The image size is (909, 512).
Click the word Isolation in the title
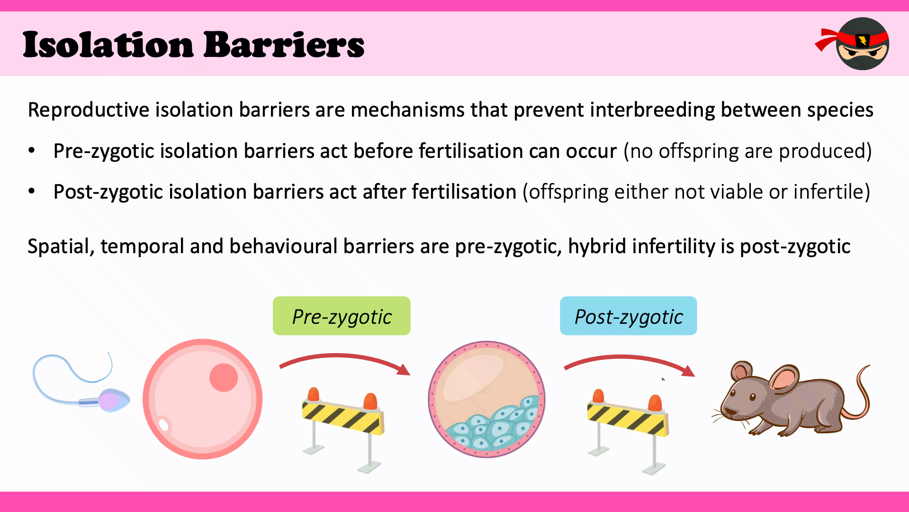tap(108, 45)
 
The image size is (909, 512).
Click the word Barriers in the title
tap(284, 45)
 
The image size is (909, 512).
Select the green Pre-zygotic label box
tap(342, 316)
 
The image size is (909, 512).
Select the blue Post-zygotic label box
tap(628, 316)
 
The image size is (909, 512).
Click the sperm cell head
tap(113, 401)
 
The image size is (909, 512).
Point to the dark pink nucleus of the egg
tap(224, 377)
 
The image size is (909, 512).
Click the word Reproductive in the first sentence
tap(89, 110)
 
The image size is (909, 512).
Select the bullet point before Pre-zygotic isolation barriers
tap(32, 151)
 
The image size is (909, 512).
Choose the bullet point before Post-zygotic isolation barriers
tap(32, 192)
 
